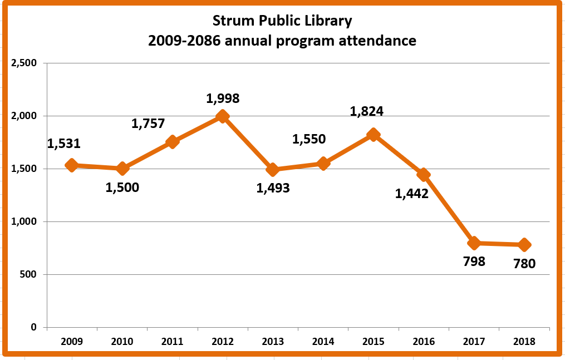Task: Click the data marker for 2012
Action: [x=223, y=116]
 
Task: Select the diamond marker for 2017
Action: [x=474, y=243]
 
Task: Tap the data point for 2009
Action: [x=71, y=165]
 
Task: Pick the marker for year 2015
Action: [x=374, y=135]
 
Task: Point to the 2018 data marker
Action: [x=524, y=244]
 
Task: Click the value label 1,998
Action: [x=223, y=98]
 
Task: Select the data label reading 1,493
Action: [x=273, y=188]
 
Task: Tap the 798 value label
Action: [x=474, y=261]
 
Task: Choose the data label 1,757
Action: [x=148, y=124]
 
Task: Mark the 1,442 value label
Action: [x=411, y=194]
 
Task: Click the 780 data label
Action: [x=524, y=263]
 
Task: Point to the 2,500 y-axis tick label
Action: [x=24, y=63]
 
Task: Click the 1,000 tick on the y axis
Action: [x=24, y=221]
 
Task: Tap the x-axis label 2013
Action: [x=273, y=342]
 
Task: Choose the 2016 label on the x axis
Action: [x=424, y=342]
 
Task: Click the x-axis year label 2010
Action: [x=122, y=342]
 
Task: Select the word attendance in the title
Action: [x=377, y=41]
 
